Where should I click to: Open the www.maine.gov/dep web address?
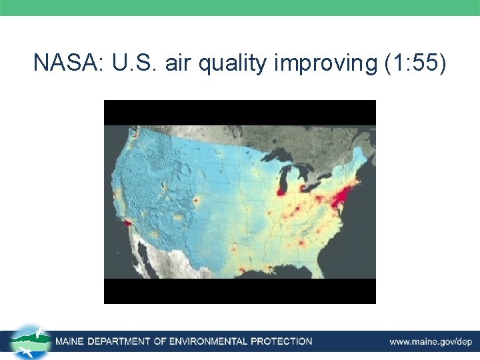[x=431, y=341]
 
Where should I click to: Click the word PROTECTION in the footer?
[x=281, y=341]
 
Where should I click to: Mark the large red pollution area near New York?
[x=343, y=197]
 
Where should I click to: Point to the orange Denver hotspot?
[x=196, y=200]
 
